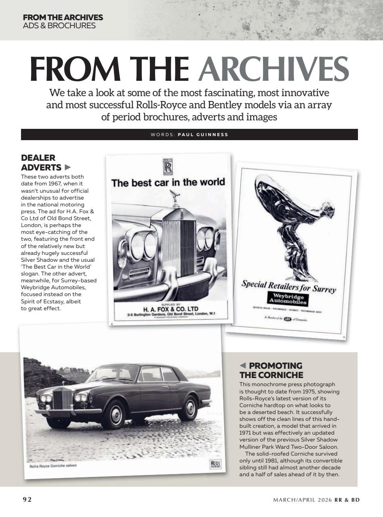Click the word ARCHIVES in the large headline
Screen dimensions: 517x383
[273, 68]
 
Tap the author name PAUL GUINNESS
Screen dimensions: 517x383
[203, 135]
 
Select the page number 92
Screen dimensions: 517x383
[27, 500]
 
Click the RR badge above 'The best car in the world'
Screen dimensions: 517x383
[168, 166]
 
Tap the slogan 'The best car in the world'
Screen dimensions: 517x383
[168, 183]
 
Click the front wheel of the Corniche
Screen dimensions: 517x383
[113, 414]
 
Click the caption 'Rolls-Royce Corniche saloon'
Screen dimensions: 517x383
[53, 466]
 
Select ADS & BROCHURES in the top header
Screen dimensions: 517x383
[59, 25]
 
